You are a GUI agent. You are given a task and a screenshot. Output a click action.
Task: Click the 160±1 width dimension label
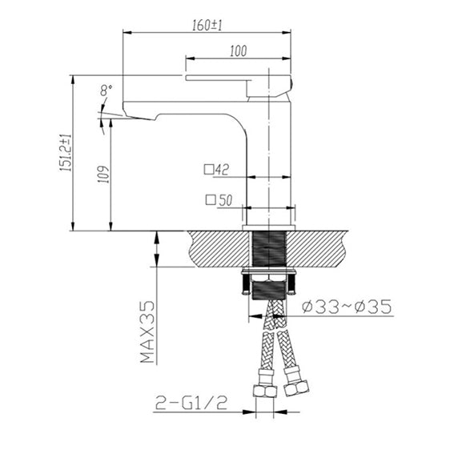point(207,25)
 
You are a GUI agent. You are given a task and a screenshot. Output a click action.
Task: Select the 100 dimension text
point(239,51)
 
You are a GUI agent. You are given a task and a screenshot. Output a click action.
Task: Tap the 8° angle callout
point(106,90)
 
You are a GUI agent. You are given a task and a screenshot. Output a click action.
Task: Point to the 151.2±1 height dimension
point(66,152)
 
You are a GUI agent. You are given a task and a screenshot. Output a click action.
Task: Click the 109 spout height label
point(103,174)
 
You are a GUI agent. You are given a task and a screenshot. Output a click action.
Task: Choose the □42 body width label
point(216,170)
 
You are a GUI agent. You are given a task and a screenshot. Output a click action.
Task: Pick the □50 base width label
point(219,200)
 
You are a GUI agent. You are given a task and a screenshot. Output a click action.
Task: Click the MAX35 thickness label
point(147,331)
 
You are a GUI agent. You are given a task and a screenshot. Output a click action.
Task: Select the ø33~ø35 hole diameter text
point(347,307)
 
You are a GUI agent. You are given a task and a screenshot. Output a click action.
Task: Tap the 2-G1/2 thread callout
point(191,403)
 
